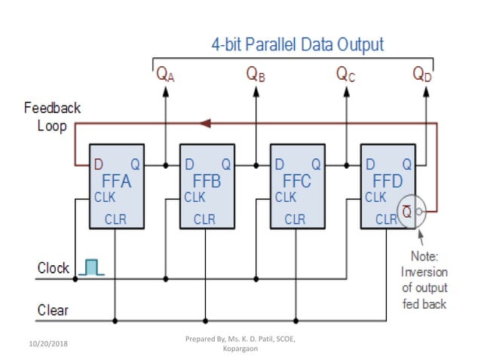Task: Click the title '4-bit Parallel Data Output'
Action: point(297,44)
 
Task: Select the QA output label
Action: point(165,74)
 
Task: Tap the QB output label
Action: point(256,74)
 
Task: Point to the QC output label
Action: point(346,74)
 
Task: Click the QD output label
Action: point(423,74)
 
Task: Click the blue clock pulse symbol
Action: point(92,267)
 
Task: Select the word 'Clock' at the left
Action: point(54,268)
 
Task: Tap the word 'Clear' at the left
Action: point(53,310)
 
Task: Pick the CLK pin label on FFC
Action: point(285,198)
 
